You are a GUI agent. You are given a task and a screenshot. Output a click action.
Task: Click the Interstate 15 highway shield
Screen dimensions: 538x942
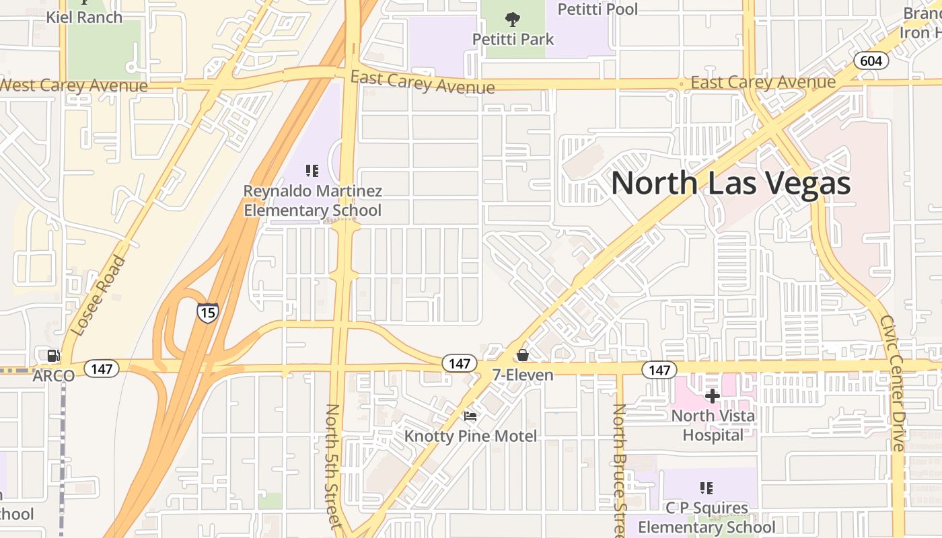207,312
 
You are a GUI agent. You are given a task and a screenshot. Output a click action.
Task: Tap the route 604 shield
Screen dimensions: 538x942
871,61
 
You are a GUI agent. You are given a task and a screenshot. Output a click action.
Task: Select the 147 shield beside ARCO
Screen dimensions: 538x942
102,369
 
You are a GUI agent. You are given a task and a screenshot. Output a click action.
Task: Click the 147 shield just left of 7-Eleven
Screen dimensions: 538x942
459,364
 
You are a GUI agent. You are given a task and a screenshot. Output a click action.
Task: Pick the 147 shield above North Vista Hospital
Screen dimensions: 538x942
659,370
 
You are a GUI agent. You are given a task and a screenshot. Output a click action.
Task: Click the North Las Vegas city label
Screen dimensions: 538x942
731,184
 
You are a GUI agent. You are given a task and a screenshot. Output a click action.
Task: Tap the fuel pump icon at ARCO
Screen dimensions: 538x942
51,356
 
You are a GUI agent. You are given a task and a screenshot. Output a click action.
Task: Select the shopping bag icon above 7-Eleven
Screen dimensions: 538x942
522,355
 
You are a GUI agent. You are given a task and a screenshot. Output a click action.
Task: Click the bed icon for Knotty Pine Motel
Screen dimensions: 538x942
470,416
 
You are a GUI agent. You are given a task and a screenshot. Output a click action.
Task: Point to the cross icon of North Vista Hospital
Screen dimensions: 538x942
713,395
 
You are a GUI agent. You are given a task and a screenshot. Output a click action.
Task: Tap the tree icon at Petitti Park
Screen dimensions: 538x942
513,19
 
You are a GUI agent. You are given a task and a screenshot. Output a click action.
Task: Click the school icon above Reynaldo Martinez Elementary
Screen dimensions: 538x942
312,171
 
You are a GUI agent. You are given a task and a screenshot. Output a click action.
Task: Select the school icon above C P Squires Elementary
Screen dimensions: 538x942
706,488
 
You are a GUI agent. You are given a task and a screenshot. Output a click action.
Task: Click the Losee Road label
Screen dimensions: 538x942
98,296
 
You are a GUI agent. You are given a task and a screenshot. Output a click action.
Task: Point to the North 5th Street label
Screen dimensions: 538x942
334,465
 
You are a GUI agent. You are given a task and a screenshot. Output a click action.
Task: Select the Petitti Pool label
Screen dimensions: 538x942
598,9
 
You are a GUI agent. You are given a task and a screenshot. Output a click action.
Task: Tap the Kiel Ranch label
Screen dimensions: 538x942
84,17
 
